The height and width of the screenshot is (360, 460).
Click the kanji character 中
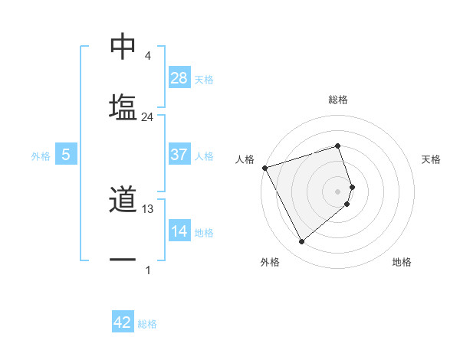pos(123,47)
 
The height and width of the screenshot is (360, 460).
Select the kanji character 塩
pos(123,106)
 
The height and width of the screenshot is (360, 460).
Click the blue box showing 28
pos(179,77)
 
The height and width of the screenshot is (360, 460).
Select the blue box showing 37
pos(179,154)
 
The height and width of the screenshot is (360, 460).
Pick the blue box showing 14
pos(179,231)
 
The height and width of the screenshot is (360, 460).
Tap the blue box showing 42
pos(123,322)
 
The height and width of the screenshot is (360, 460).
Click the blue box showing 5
pos(66,155)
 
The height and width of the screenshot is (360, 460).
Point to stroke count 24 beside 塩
pos(148,117)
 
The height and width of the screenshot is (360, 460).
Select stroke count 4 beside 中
pos(148,57)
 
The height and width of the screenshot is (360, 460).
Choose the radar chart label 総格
pos(338,100)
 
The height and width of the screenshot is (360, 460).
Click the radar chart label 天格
pos(432,159)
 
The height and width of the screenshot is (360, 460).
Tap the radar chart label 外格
pos(270,262)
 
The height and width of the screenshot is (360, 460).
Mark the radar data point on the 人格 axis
pos(264,167)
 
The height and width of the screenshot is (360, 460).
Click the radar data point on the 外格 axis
pos(301,241)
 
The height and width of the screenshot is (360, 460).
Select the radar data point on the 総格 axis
pos(338,145)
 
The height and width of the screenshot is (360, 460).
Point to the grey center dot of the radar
pos(338,191)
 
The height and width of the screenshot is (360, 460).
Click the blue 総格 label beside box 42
pos(147,324)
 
